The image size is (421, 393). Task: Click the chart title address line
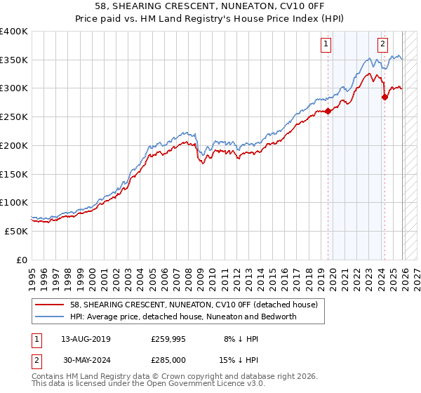210,8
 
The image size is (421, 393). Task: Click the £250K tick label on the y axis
13,116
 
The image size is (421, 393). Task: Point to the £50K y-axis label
15,231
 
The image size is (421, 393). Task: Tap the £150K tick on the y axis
13,173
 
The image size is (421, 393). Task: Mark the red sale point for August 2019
328,111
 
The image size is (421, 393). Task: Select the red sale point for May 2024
385,97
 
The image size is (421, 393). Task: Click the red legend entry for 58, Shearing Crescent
194,305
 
